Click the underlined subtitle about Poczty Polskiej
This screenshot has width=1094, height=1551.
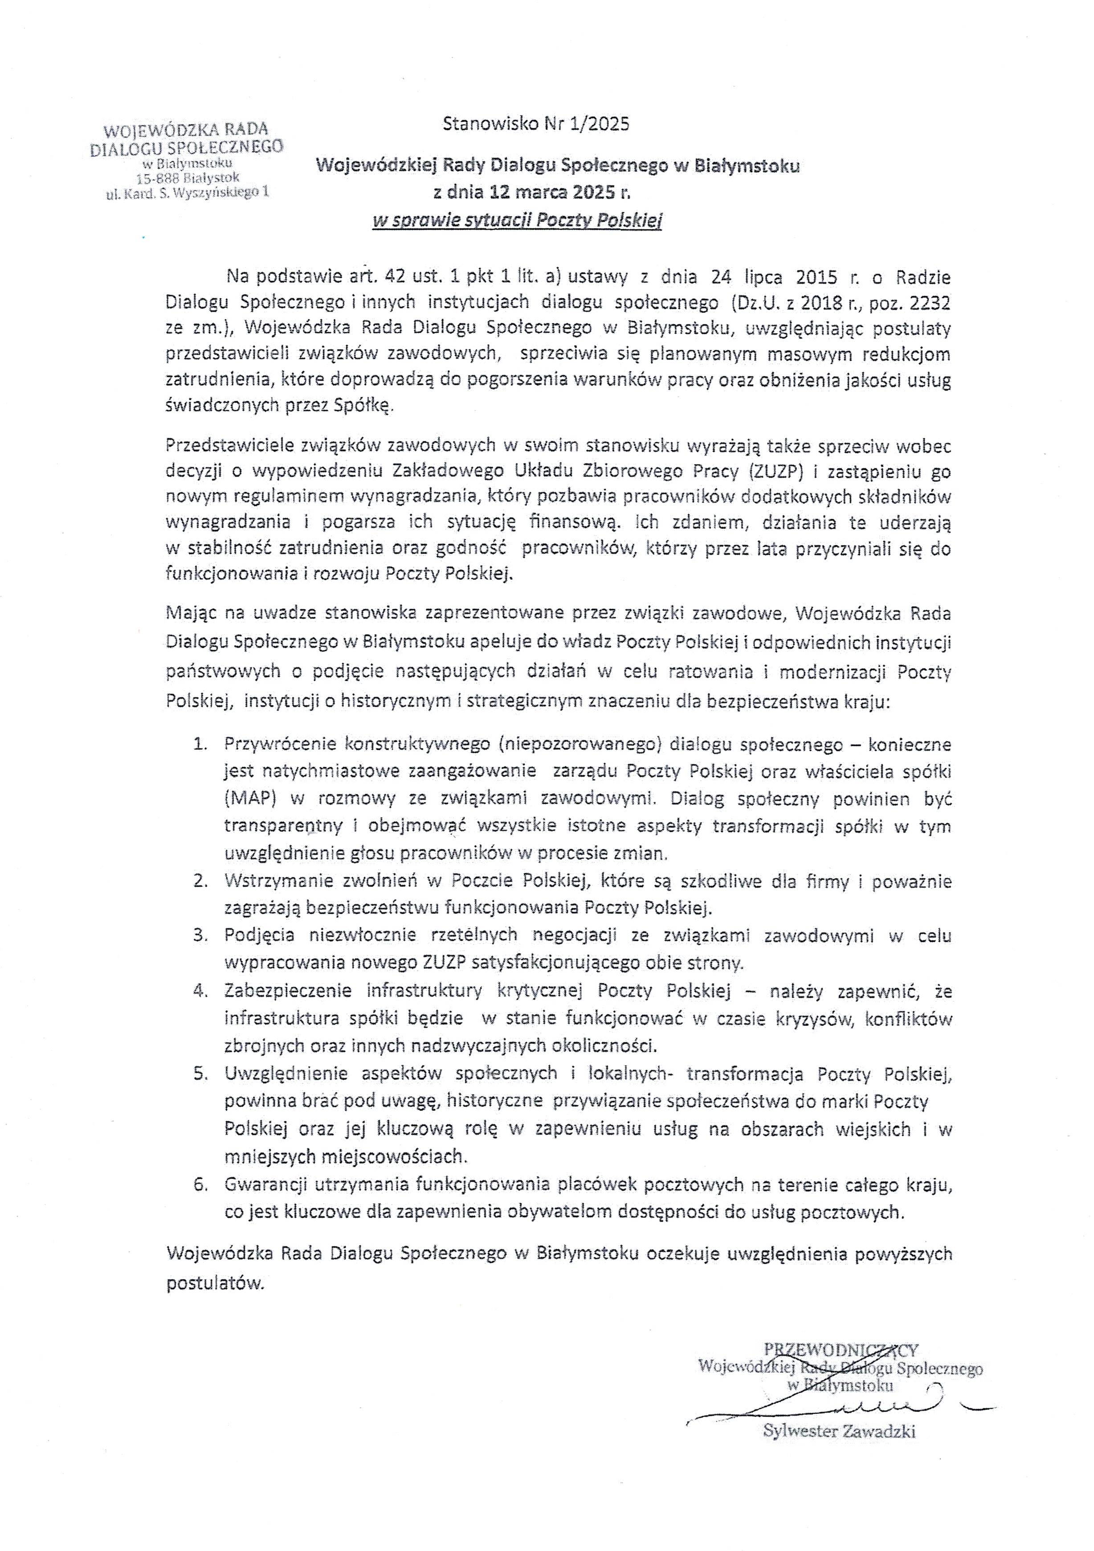pos(517,220)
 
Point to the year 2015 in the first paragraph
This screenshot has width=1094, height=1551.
pos(817,277)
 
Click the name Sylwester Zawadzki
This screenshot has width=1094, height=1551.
pos(839,1429)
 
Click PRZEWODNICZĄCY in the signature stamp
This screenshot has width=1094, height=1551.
pos(841,1350)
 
